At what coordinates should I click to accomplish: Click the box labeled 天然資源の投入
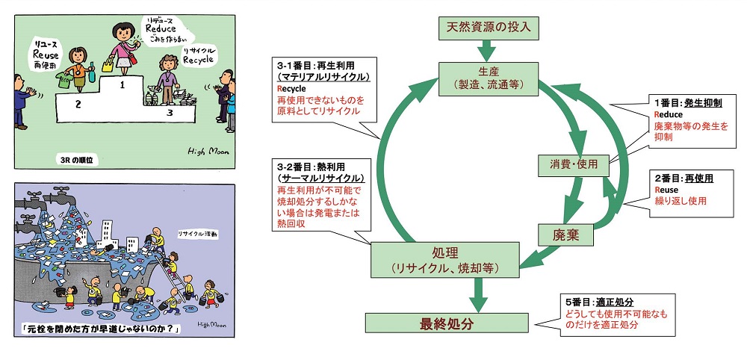point(486,28)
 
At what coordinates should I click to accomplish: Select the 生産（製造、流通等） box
point(486,77)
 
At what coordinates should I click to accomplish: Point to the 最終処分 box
point(441,323)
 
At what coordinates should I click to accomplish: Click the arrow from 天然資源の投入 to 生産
point(486,51)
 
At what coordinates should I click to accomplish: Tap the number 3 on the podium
point(170,113)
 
